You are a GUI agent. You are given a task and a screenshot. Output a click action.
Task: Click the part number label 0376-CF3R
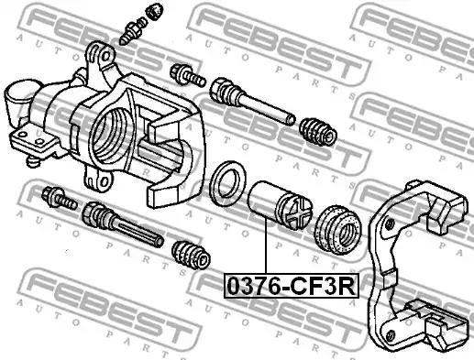292,286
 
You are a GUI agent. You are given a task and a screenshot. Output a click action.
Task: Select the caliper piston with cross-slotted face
281,205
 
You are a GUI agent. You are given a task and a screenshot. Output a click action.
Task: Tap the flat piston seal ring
228,183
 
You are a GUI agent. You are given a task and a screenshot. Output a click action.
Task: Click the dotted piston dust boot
338,230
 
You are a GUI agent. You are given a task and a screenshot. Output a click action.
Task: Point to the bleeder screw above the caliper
133,30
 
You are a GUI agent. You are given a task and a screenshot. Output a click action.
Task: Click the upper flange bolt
187,75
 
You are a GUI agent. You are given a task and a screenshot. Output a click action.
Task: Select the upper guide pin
252,101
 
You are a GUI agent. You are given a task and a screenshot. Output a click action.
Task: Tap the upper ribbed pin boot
318,132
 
